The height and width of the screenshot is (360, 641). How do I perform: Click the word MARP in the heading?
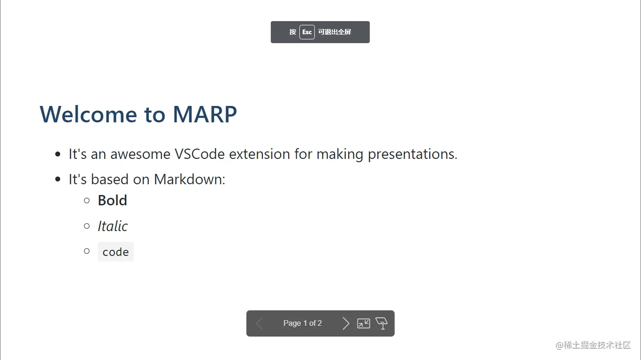[205, 114]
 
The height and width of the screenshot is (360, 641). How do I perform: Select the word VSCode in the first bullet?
[199, 154]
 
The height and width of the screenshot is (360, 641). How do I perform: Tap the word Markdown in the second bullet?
[189, 180]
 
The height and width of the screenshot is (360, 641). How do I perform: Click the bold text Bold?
[112, 201]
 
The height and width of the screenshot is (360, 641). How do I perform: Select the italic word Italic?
[113, 226]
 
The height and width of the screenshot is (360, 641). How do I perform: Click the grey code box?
[115, 252]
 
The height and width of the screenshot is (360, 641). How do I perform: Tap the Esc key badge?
[307, 32]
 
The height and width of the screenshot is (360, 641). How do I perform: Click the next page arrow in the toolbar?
[346, 323]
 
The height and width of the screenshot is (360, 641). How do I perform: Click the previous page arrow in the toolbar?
[259, 323]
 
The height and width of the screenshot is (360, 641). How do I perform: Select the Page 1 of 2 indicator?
[302, 323]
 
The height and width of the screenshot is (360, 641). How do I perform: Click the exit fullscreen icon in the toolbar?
[364, 323]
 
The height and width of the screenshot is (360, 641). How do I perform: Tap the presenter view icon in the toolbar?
[382, 323]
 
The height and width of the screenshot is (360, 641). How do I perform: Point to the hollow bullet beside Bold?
[87, 201]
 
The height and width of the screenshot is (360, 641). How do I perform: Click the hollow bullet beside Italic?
[87, 226]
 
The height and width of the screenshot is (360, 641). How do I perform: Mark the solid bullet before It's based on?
[58, 180]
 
